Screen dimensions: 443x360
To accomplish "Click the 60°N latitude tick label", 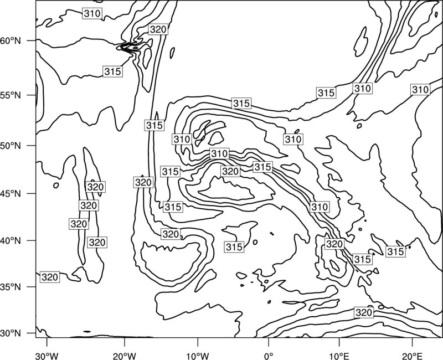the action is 11,41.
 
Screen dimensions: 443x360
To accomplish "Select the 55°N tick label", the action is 11,95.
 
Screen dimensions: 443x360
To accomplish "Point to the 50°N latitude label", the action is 11,146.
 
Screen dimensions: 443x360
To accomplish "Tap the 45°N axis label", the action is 11,194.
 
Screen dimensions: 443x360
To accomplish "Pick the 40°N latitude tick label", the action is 11,241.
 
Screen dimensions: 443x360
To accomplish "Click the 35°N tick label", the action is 11,287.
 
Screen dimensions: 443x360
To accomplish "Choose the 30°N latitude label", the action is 11,333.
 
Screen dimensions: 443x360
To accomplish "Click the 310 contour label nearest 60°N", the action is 92,13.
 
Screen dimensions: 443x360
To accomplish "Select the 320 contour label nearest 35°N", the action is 50,277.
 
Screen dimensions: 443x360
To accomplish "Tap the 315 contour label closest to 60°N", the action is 112,71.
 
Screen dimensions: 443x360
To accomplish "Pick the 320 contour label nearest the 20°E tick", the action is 364,312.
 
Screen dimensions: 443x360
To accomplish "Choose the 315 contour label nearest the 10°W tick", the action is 234,247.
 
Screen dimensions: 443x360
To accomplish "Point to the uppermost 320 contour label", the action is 158,29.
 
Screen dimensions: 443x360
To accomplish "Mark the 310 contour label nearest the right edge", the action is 420,90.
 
